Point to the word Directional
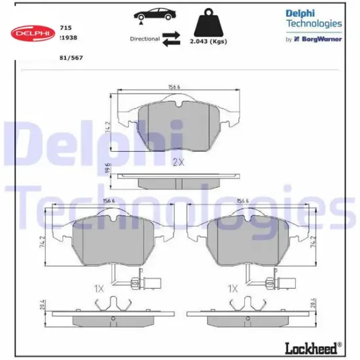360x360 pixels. [x=145, y=39]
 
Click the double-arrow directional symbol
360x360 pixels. [x=171, y=39]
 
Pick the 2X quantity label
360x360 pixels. [x=178, y=161]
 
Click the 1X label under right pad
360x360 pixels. [x=232, y=288]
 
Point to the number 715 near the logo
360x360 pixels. [x=65, y=28]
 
